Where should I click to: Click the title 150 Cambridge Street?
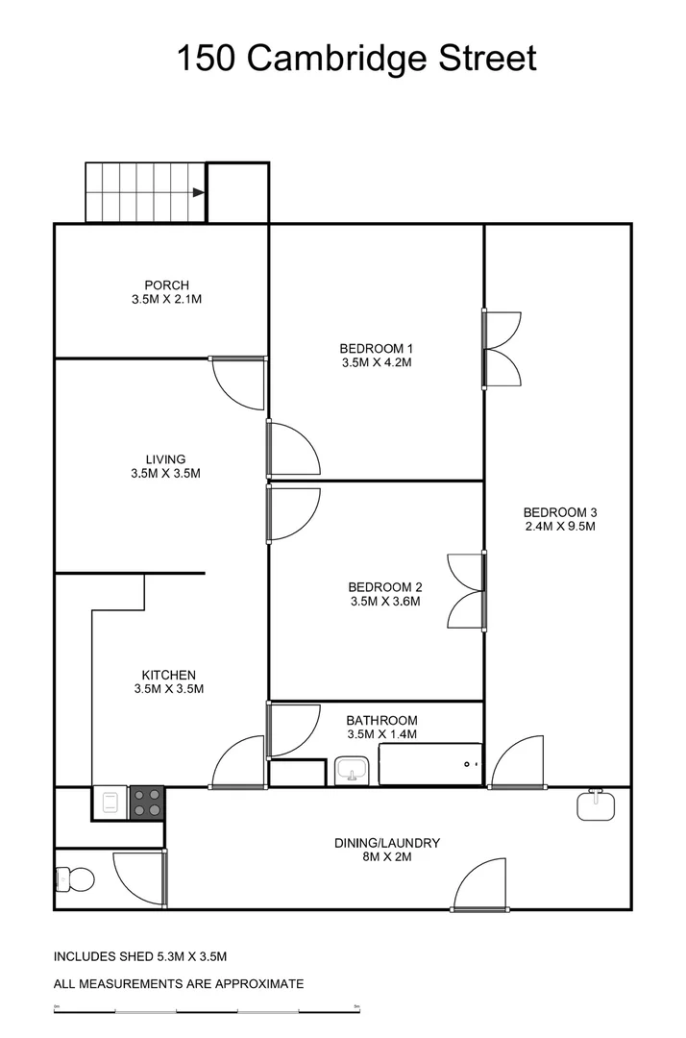pos(356,58)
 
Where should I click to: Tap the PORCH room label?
pos(166,284)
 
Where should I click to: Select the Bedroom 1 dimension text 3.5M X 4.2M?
pos(376,363)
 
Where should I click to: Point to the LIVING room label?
pos(165,459)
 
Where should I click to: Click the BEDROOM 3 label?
pos(559,511)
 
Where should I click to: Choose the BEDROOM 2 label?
pos(384,587)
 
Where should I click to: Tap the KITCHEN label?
pos(169,675)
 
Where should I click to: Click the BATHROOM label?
pos(381,720)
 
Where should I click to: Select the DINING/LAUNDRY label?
pos(387,843)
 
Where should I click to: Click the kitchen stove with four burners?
pos(147,803)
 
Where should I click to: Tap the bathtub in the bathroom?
pos(429,764)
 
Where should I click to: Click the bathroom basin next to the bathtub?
pos(351,771)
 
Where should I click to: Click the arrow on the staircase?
pos(198,192)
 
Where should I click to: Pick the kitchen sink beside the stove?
pos(110,803)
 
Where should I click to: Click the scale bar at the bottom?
pos(207,1009)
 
